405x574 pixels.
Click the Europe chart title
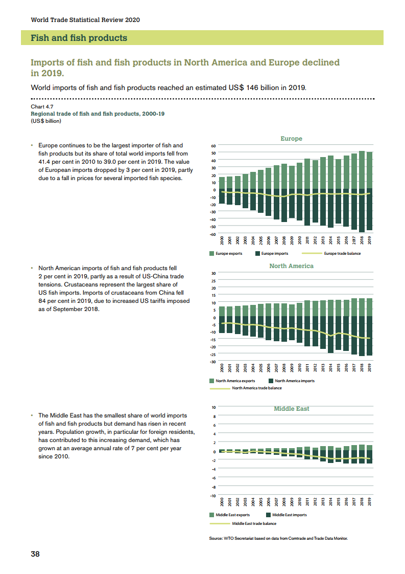click(291, 139)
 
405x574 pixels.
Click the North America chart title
click(291, 266)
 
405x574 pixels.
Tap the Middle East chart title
click(291, 409)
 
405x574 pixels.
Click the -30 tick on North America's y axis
click(214, 362)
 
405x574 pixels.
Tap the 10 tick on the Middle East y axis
click(214, 408)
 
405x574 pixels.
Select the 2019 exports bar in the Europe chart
click(369, 170)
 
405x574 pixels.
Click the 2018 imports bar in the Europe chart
click(362, 211)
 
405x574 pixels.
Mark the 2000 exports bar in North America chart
click(222, 312)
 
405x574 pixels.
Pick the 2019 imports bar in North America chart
click(369, 336)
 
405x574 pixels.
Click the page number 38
click(35, 554)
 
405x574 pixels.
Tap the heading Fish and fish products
click(79, 38)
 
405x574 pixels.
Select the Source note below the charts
click(278, 538)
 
